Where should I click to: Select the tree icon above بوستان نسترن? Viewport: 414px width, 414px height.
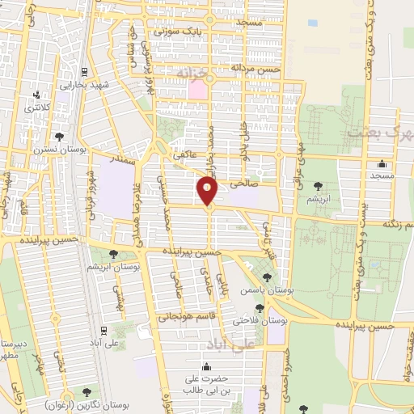point(60,136)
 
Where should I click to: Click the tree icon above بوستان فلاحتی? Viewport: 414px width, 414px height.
point(260,307)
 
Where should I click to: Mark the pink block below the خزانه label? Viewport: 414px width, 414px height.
point(196,90)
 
